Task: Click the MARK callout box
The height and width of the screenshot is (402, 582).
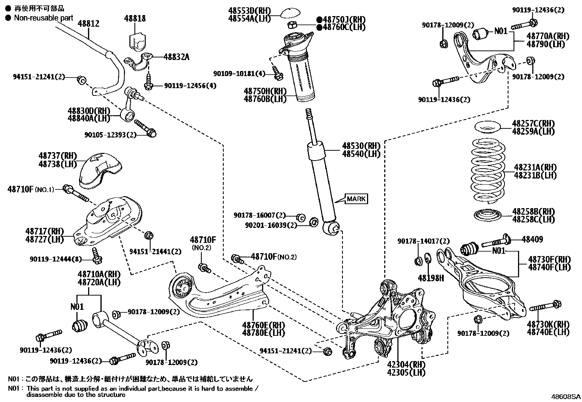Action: (356, 199)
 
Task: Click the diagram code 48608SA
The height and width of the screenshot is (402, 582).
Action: (566, 397)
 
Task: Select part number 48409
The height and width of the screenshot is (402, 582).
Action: (532, 240)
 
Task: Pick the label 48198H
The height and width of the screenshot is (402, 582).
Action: (431, 278)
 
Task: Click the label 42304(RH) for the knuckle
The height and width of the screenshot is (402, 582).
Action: (411, 364)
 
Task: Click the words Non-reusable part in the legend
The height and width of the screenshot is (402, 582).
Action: (44, 18)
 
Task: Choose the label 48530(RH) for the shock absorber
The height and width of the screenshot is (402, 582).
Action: (361, 146)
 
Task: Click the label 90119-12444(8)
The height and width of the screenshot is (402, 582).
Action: (55, 259)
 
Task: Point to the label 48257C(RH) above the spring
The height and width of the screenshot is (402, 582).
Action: (533, 123)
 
